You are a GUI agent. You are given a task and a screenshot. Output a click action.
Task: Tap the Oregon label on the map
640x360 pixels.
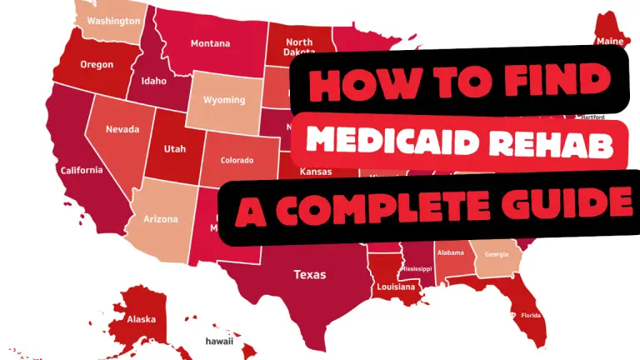(x=97, y=64)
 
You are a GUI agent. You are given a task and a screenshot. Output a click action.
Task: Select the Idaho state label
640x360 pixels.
(x=153, y=82)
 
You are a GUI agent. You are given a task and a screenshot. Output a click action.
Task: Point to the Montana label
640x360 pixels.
(x=210, y=43)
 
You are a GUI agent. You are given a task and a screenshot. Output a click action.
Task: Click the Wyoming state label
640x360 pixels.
(x=226, y=100)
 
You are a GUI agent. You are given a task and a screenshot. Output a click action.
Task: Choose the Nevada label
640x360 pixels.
(x=122, y=130)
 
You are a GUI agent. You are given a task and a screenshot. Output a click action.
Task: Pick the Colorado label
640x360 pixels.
(x=237, y=160)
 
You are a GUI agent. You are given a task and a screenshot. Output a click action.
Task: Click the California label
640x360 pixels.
(x=82, y=170)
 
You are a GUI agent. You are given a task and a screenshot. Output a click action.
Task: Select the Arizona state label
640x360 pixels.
(x=161, y=219)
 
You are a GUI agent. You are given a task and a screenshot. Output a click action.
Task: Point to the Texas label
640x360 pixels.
(x=309, y=274)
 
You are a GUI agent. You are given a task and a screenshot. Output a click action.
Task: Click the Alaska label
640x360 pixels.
(x=142, y=318)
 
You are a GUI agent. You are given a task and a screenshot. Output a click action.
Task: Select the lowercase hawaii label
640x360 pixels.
(x=219, y=342)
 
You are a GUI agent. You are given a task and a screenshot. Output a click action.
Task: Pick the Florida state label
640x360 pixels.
(x=531, y=316)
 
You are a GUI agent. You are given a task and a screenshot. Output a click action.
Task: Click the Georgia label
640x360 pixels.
(x=497, y=254)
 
